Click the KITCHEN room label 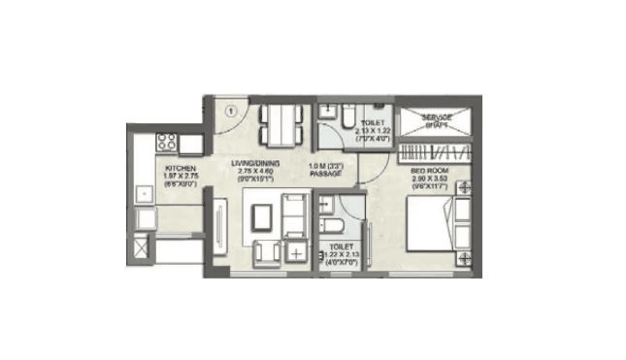pos(181,169)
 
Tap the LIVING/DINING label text pos(256,162)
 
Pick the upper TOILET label pos(373,123)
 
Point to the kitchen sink pos(144,193)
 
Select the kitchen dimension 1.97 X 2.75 pos(181,179)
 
